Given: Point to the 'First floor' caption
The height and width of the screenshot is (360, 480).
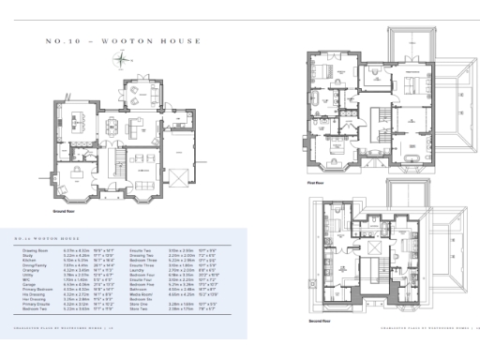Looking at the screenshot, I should (315, 185).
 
